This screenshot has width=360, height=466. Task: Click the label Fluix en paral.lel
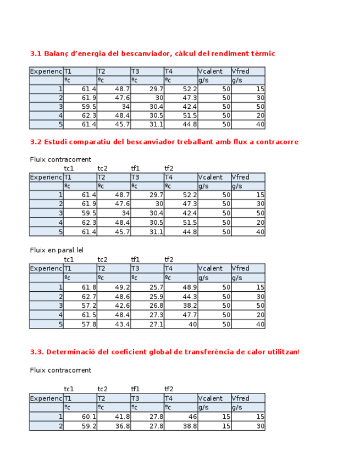coord(57,250)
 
